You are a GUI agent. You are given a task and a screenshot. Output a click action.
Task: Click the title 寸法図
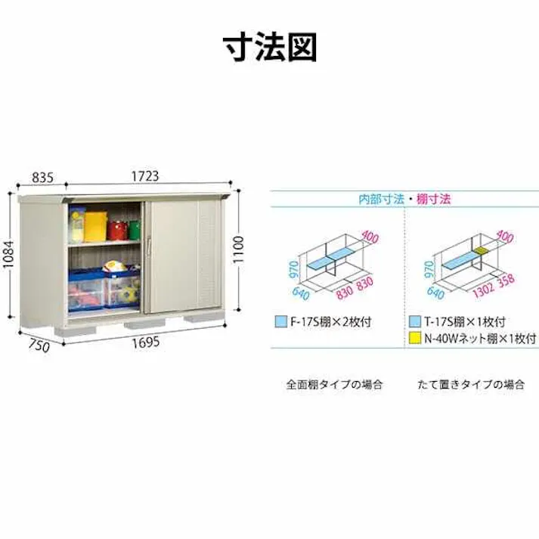(x=270, y=48)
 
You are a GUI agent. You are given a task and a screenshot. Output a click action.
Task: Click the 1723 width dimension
(x=145, y=176)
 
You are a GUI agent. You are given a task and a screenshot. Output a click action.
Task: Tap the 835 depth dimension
(x=42, y=178)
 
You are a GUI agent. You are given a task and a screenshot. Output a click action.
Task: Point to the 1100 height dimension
(x=238, y=249)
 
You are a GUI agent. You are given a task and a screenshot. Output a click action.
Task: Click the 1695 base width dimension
(x=146, y=342)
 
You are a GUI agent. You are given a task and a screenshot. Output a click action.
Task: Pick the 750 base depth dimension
(x=39, y=345)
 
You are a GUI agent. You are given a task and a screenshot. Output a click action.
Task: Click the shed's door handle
(x=149, y=246)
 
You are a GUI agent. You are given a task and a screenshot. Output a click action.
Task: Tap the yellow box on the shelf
(x=95, y=227)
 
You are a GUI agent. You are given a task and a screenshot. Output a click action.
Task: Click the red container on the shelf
(x=117, y=230)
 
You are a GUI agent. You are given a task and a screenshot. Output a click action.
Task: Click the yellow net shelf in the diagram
(x=481, y=250)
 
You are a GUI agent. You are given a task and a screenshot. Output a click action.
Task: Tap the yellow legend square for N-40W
(x=415, y=338)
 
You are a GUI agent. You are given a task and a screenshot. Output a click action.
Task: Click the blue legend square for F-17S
(x=281, y=322)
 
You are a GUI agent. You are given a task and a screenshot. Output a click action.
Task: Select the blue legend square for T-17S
(x=415, y=321)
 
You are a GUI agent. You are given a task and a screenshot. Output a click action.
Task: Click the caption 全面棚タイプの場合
(x=334, y=384)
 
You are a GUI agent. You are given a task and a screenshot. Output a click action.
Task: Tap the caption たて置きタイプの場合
(x=471, y=384)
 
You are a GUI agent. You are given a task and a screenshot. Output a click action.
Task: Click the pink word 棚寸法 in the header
(x=433, y=199)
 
